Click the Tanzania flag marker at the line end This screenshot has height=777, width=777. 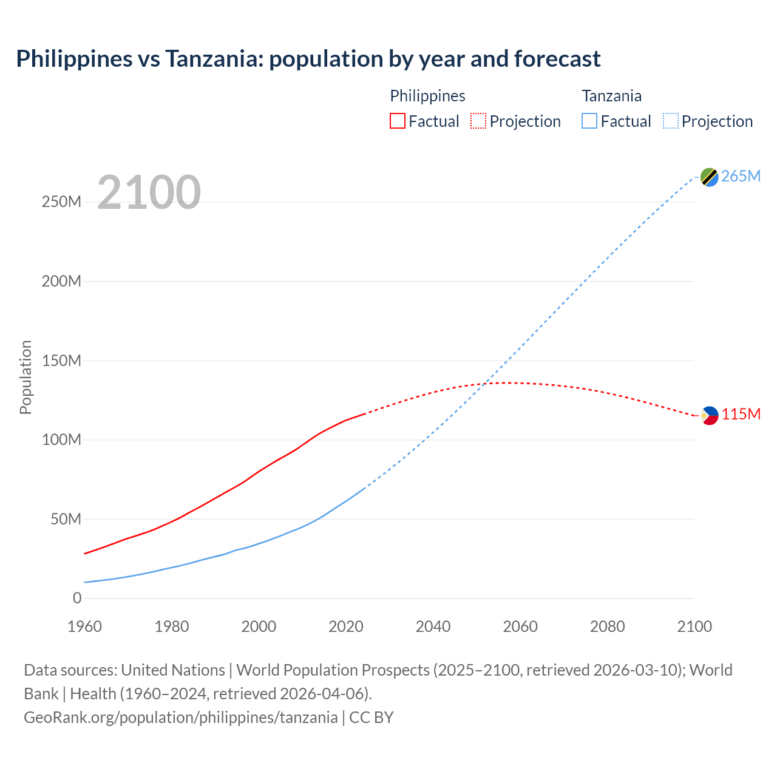[709, 177]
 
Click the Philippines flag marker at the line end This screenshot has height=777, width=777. [709, 415]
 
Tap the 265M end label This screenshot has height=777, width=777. [741, 176]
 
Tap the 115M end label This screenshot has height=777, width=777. [741, 414]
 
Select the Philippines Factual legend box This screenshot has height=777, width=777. [397, 121]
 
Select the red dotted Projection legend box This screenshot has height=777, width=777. [478, 121]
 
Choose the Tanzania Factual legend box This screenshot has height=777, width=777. [589, 121]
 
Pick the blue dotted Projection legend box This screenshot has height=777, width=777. [670, 121]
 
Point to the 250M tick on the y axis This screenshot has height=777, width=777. [61, 202]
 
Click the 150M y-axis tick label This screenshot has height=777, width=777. [61, 361]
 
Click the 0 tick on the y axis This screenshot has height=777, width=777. [76, 598]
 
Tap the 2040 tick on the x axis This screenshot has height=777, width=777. [433, 626]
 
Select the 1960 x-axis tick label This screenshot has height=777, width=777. [85, 626]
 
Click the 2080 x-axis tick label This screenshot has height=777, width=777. [607, 626]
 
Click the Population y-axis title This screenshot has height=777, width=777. [25, 377]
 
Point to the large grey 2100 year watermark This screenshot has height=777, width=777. [149, 192]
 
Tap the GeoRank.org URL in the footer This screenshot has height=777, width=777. [180, 717]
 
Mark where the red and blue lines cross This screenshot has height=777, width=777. [484, 384]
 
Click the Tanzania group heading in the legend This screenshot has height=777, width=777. [611, 96]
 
